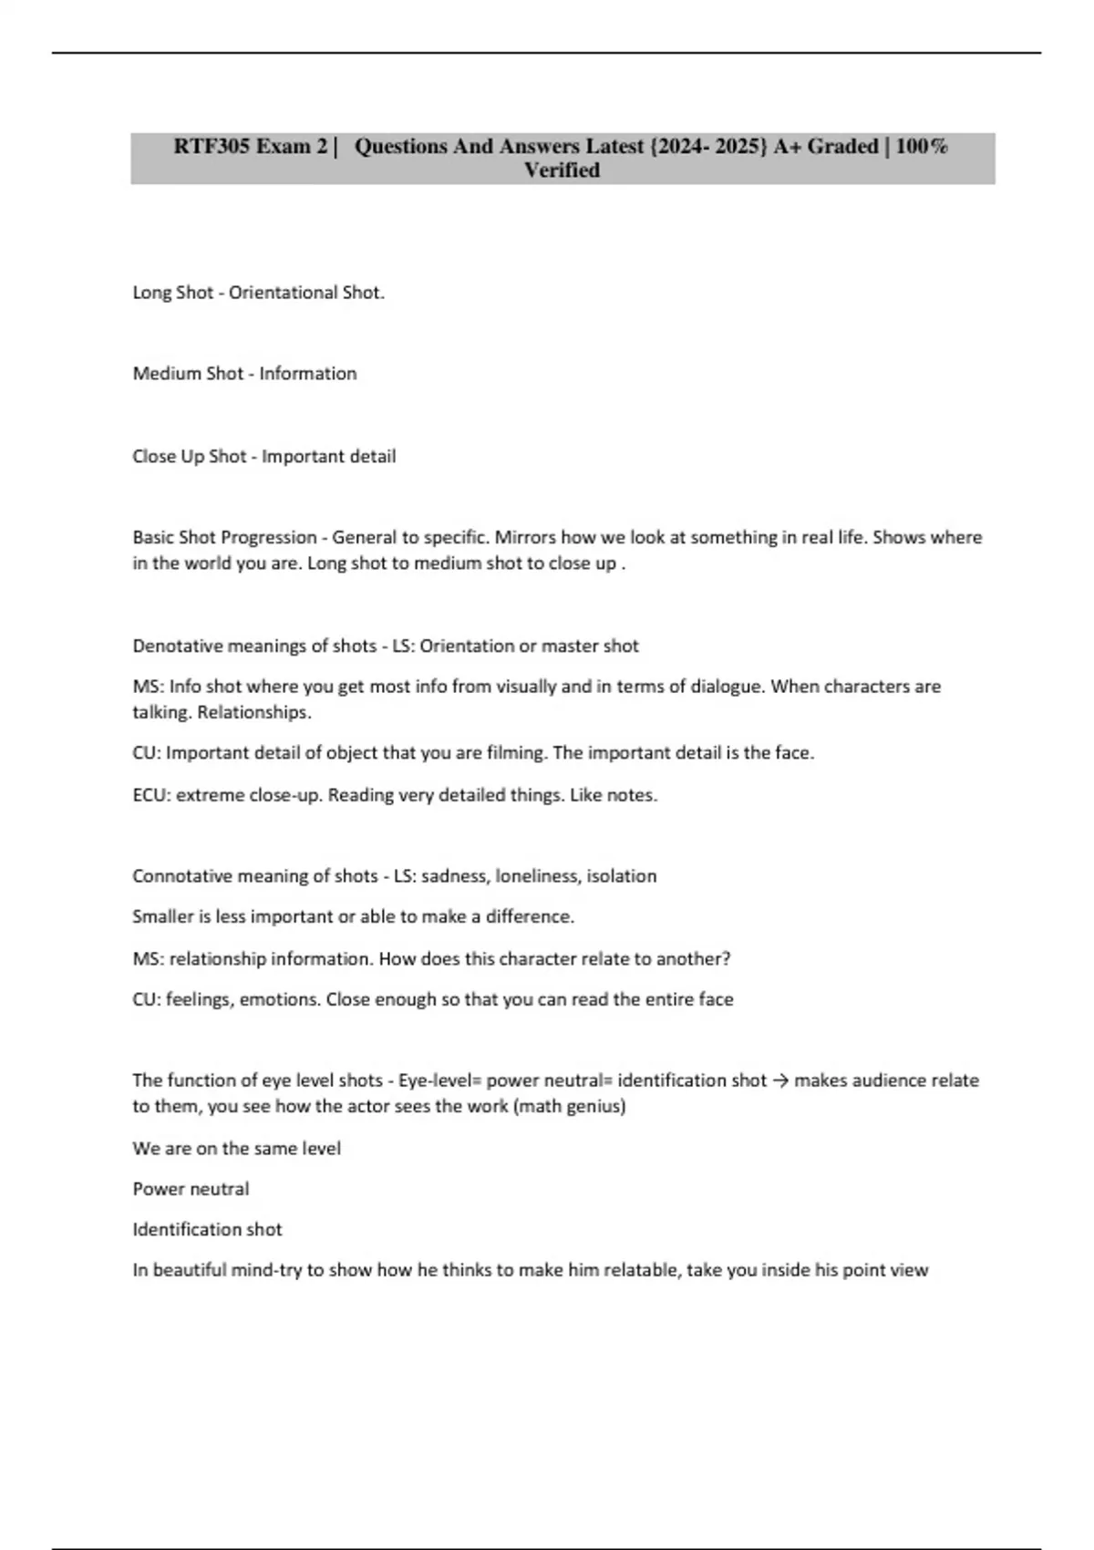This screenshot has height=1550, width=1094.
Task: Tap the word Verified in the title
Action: (562, 170)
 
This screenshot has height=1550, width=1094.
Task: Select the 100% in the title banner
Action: (922, 147)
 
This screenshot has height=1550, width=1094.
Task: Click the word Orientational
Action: (283, 293)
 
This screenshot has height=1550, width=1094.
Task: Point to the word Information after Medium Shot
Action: (307, 374)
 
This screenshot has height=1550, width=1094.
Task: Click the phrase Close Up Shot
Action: (189, 457)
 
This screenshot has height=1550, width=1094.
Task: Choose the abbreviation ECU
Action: (150, 795)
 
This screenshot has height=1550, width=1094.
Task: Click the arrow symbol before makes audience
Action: (779, 1080)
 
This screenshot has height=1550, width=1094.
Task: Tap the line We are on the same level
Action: (236, 1149)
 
